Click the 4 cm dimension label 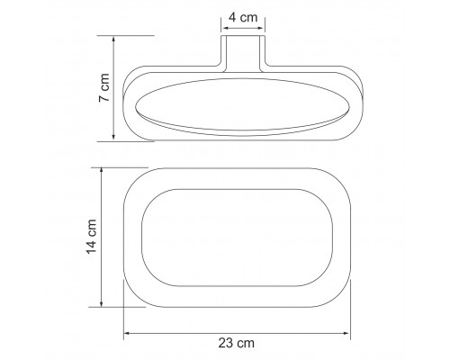[x=243, y=17]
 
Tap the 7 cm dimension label [x=104, y=87]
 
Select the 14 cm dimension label [x=92, y=237]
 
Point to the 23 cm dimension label [x=237, y=343]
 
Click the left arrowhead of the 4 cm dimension [x=224, y=29]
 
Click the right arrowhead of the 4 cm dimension [x=262, y=29]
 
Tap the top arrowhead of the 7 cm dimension [x=113, y=39]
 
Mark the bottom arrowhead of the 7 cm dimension [x=113, y=138]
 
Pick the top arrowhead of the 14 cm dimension [x=102, y=171]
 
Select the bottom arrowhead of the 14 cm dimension [x=102, y=304]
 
